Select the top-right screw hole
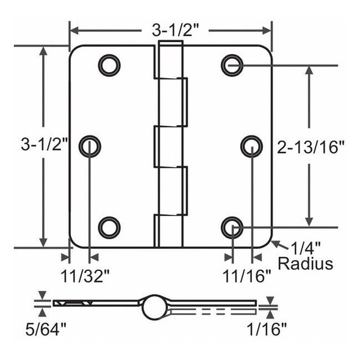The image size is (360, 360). tap(232, 63)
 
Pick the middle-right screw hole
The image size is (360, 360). tap(251, 145)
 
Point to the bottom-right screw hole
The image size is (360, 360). tap(232, 227)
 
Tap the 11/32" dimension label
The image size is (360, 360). tap(85, 275)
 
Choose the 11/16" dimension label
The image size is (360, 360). tap(246, 276)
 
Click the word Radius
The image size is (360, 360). tap(305, 264)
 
